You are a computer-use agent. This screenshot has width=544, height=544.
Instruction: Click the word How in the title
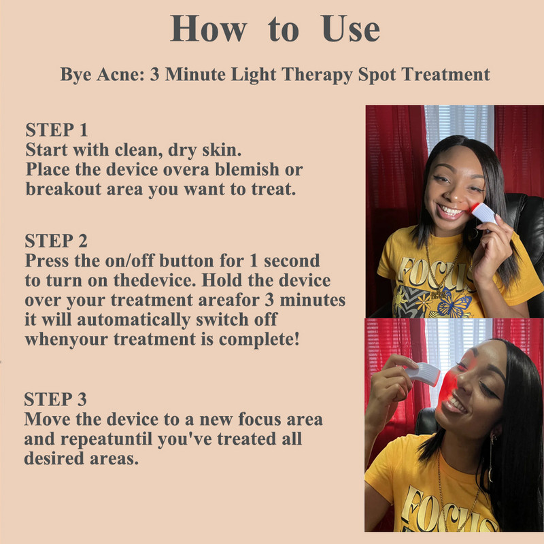coord(209,29)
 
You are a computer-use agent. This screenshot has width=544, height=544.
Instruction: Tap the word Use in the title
coord(351,29)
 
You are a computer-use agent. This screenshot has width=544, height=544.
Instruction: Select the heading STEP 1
coord(56,130)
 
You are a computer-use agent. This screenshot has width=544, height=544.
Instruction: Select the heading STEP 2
coord(56,241)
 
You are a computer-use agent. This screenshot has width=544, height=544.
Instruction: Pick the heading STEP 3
coord(56,399)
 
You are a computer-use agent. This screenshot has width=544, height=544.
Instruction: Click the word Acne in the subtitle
coord(120,74)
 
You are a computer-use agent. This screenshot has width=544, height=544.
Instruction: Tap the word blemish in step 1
coord(247,169)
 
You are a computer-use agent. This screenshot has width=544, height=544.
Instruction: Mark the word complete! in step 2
coord(259,339)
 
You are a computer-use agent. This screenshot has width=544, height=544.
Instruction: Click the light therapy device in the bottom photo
coord(422,373)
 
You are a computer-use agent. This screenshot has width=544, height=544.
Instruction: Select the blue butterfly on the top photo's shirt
coord(454,303)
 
